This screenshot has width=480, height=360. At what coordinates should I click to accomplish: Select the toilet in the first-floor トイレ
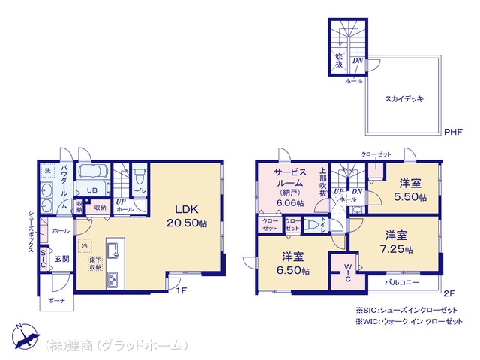click(139, 177)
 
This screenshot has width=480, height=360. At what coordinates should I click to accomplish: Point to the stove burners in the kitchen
click(113, 280)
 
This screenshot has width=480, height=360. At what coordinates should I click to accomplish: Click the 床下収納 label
click(95, 263)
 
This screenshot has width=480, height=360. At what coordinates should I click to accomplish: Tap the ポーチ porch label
click(55, 301)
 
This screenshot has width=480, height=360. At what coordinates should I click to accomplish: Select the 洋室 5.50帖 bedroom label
click(410, 190)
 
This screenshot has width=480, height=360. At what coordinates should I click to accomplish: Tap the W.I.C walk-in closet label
click(348, 273)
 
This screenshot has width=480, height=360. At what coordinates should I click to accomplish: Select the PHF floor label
click(454, 132)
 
